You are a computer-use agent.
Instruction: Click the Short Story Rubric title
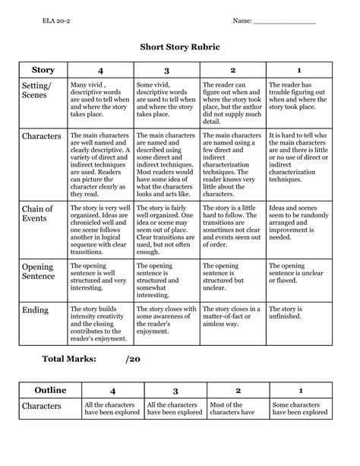point(180,46)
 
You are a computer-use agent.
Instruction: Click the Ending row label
point(36,310)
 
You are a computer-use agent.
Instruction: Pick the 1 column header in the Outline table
point(299,390)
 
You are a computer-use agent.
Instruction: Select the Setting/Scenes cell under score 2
point(232,100)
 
